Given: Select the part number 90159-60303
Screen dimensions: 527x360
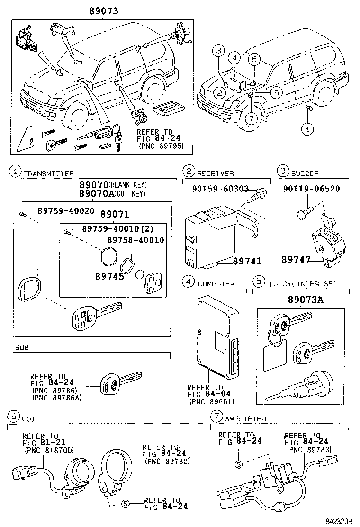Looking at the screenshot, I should (x=221, y=189).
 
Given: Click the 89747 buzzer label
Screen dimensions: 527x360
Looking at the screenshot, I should (x=296, y=259).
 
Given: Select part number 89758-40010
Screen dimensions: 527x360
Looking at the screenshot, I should (x=135, y=240).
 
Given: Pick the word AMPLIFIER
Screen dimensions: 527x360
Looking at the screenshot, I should (x=245, y=419).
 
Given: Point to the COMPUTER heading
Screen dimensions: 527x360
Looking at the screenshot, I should (x=216, y=284).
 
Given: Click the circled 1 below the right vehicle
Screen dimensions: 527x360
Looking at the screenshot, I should (x=308, y=128).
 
